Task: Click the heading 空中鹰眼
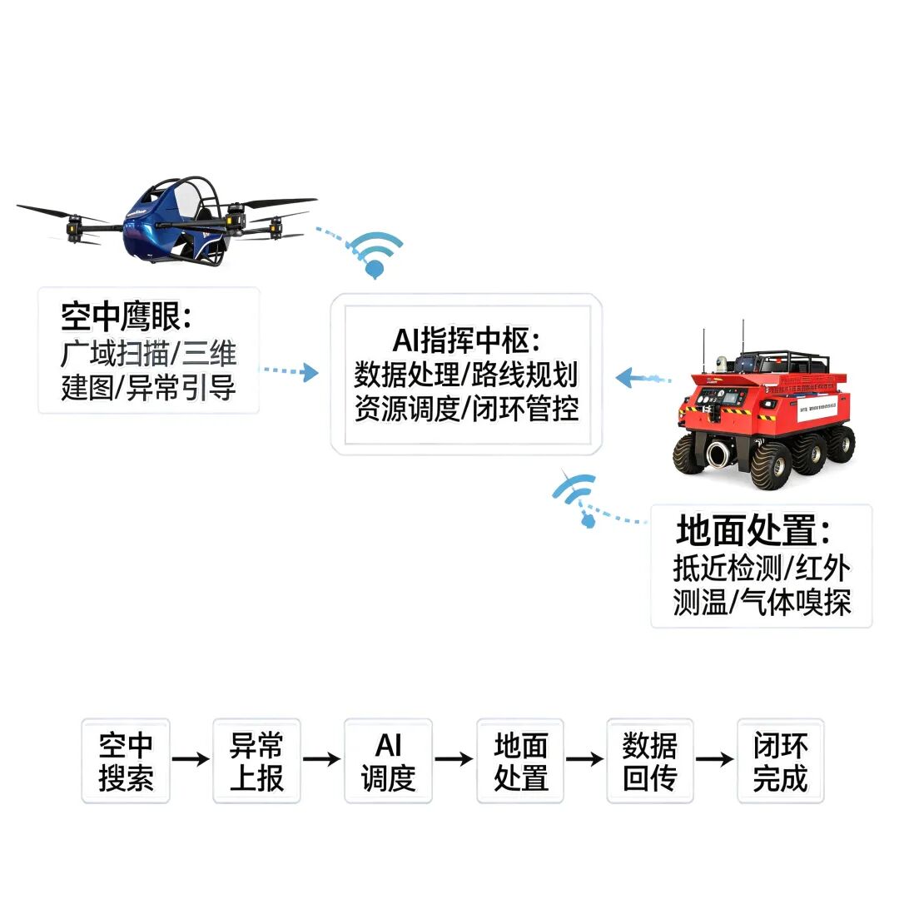click(x=126, y=316)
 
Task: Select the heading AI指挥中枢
click(x=466, y=340)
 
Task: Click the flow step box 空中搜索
click(x=126, y=761)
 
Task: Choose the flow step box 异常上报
click(x=256, y=761)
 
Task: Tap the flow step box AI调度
click(x=388, y=761)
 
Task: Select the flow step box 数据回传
click(x=650, y=761)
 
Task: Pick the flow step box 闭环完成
click(x=780, y=761)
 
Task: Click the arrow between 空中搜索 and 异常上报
click(x=191, y=759)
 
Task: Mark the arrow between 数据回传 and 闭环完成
click(x=715, y=759)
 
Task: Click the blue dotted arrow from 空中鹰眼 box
click(x=290, y=371)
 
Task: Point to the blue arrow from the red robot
click(x=643, y=378)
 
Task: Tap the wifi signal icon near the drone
click(x=375, y=253)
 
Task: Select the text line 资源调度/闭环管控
click(x=466, y=409)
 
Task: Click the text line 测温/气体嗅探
click(x=762, y=603)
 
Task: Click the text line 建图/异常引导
click(x=148, y=388)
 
